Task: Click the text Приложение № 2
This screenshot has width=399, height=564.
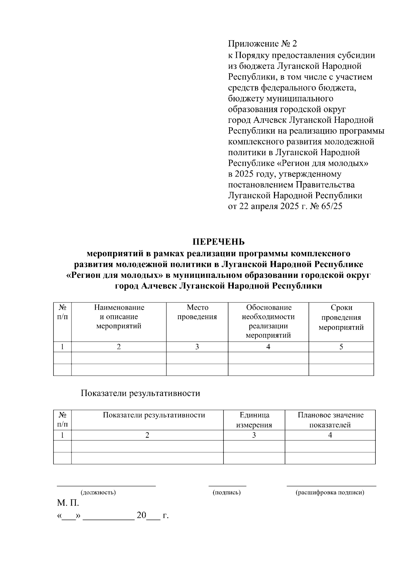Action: click(x=262, y=44)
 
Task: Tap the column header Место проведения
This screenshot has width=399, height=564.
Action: click(x=197, y=312)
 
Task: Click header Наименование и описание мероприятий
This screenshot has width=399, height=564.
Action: click(x=119, y=317)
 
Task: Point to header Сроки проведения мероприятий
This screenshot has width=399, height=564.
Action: click(x=341, y=317)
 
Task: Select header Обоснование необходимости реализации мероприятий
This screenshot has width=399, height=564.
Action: click(x=268, y=321)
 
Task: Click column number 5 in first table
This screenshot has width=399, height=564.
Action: click(x=341, y=347)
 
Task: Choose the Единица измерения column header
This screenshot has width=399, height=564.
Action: click(x=254, y=420)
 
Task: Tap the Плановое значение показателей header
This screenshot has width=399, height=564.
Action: click(x=330, y=420)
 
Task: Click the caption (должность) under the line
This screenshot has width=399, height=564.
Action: click(x=98, y=493)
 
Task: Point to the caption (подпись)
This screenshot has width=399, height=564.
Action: click(x=227, y=493)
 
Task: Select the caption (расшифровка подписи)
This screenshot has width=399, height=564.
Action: click(x=330, y=493)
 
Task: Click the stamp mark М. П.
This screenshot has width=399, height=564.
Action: click(x=68, y=503)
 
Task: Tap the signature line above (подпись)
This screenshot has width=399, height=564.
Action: click(x=227, y=486)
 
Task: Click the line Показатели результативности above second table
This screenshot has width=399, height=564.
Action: click(x=140, y=393)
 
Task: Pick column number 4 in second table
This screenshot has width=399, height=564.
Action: click(x=330, y=435)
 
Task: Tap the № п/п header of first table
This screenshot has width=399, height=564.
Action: click(x=62, y=312)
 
